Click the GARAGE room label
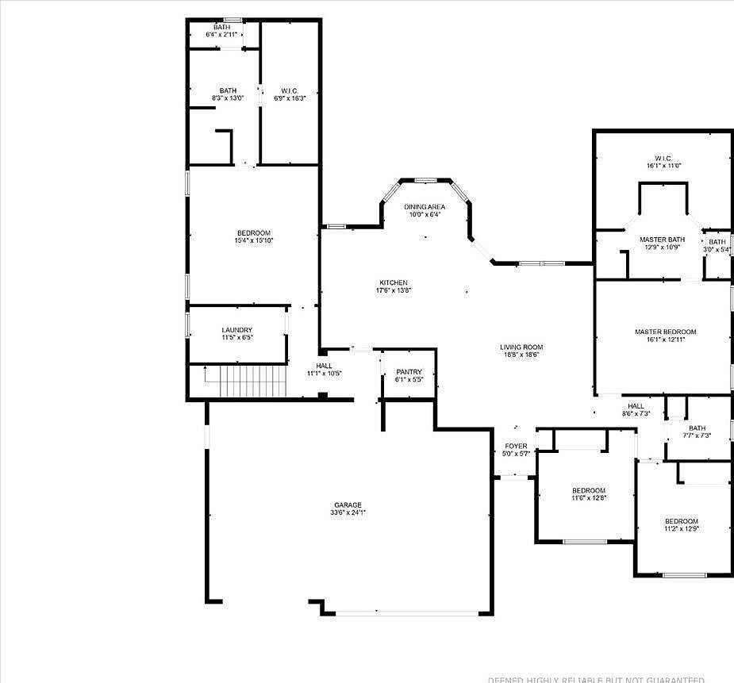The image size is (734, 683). click(x=348, y=505)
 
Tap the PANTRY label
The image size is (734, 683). click(x=409, y=372)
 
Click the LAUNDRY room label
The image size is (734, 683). click(x=237, y=330)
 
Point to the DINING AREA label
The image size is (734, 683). click(x=425, y=206)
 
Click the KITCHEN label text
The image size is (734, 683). click(x=394, y=282)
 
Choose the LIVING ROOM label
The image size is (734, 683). click(x=521, y=347)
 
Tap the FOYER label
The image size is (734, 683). click(x=516, y=446)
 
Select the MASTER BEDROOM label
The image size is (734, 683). click(x=665, y=332)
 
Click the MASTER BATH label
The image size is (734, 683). click(x=662, y=240)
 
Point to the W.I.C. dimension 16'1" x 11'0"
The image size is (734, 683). click(x=664, y=166)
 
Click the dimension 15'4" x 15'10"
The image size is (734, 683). click(x=253, y=240)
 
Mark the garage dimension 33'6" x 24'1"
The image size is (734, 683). click(x=348, y=513)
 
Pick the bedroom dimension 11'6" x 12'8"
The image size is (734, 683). click(x=589, y=498)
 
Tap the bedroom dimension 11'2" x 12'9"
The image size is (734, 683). click(x=681, y=528)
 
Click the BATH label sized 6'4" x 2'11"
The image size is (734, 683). click(x=221, y=27)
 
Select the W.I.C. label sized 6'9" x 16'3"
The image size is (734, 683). click(x=289, y=90)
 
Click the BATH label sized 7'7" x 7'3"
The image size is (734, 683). click(x=697, y=428)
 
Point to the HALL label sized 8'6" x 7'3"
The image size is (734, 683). click(x=636, y=405)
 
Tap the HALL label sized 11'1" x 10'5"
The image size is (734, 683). click(x=324, y=366)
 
